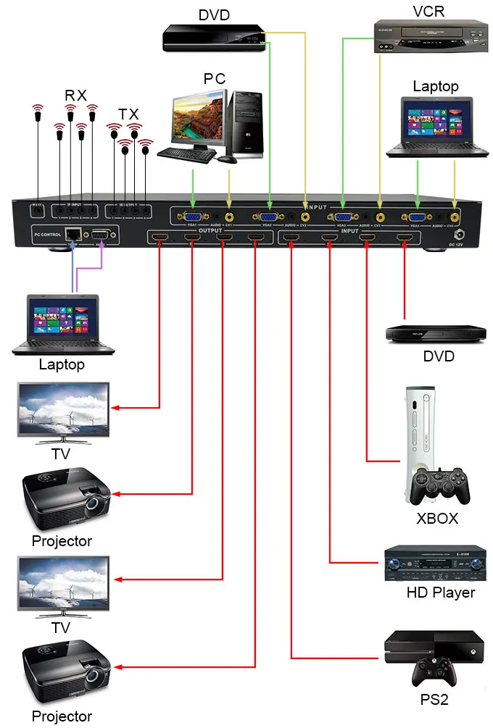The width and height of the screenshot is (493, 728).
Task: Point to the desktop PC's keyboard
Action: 186,154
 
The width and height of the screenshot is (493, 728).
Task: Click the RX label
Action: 75,95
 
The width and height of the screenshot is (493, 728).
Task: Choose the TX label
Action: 128,114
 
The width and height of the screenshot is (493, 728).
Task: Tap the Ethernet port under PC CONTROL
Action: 72,234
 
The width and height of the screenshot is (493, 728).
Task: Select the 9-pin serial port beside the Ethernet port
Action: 100,234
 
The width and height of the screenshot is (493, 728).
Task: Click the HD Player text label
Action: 440,593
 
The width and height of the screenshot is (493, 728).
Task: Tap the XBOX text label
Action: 437,519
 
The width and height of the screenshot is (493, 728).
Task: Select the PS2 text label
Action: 434,700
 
